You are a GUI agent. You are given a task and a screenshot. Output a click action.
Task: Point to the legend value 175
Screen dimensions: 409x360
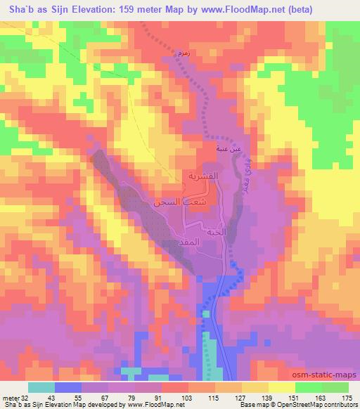tap(347, 398)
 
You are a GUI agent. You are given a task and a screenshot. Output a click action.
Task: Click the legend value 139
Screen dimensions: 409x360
tap(265, 398)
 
